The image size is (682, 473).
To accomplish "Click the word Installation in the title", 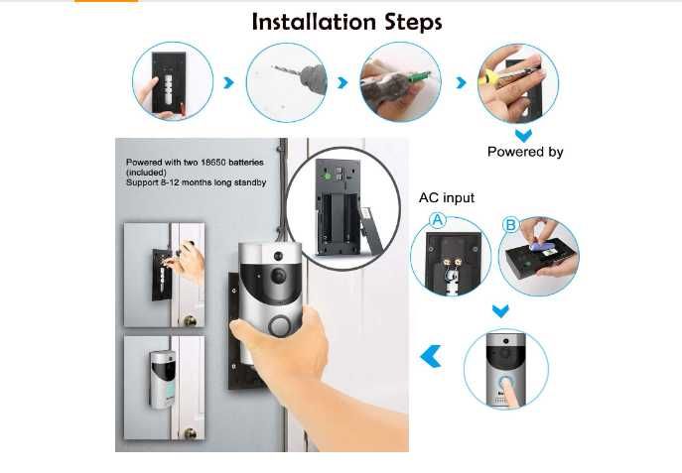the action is pos(314,22).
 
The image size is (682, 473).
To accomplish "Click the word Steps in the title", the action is pos(413,23).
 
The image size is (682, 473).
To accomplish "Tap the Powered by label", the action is pos(525,152).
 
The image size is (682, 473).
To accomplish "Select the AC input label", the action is pos(447,198).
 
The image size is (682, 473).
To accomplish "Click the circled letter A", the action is pos(438,220).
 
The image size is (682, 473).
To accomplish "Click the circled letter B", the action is pos(510,225).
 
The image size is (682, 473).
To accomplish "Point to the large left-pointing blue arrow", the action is pos(431,356).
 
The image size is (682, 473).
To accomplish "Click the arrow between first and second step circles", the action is pos(228,82).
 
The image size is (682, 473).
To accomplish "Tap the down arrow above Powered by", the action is pos(523,135).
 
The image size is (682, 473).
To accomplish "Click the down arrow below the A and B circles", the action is pos(500,311).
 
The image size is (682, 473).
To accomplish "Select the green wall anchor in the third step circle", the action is pos(420,77).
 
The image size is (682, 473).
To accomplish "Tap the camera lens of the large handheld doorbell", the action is pos(278,276).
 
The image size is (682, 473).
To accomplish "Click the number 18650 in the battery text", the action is pos(212,163).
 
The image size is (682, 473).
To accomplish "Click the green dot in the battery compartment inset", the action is pos(326,177).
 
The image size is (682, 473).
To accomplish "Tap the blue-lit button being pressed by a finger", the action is pos(505,384).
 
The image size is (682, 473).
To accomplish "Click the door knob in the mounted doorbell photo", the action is pos(190,433).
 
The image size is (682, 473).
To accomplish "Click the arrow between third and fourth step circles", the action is pos(461,82).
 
